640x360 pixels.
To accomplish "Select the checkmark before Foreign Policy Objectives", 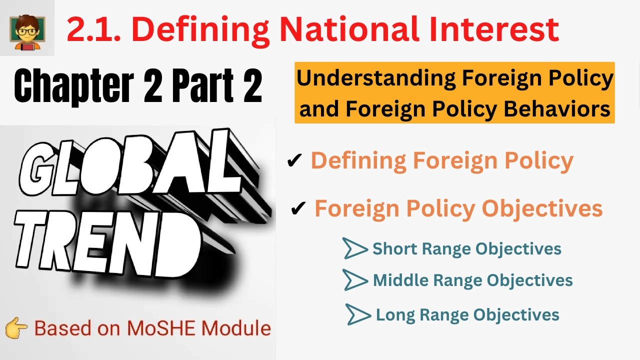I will tap(298, 209).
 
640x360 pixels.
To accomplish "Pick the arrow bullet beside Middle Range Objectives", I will tap(354, 279).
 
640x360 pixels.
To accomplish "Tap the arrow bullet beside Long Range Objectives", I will tap(358, 314).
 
